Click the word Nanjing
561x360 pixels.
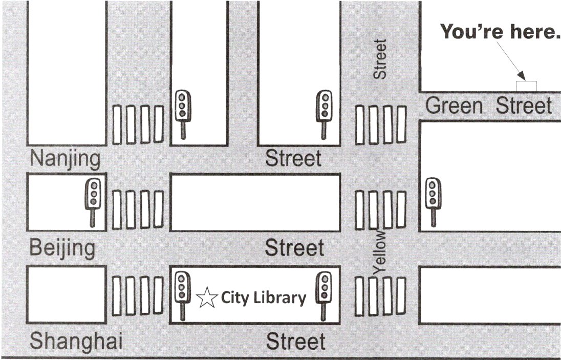point(65,159)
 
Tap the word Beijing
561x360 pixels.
point(62,248)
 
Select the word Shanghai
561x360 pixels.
point(76,341)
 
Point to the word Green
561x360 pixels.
point(454,106)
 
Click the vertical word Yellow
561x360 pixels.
point(380,251)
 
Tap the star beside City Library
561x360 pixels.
point(206,298)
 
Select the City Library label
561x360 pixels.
point(264,298)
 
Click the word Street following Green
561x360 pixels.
point(524,106)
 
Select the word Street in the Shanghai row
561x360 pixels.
point(296,341)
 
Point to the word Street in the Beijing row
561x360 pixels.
point(294,248)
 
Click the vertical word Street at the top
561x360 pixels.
point(380,59)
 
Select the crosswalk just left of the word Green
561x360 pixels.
point(381,124)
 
